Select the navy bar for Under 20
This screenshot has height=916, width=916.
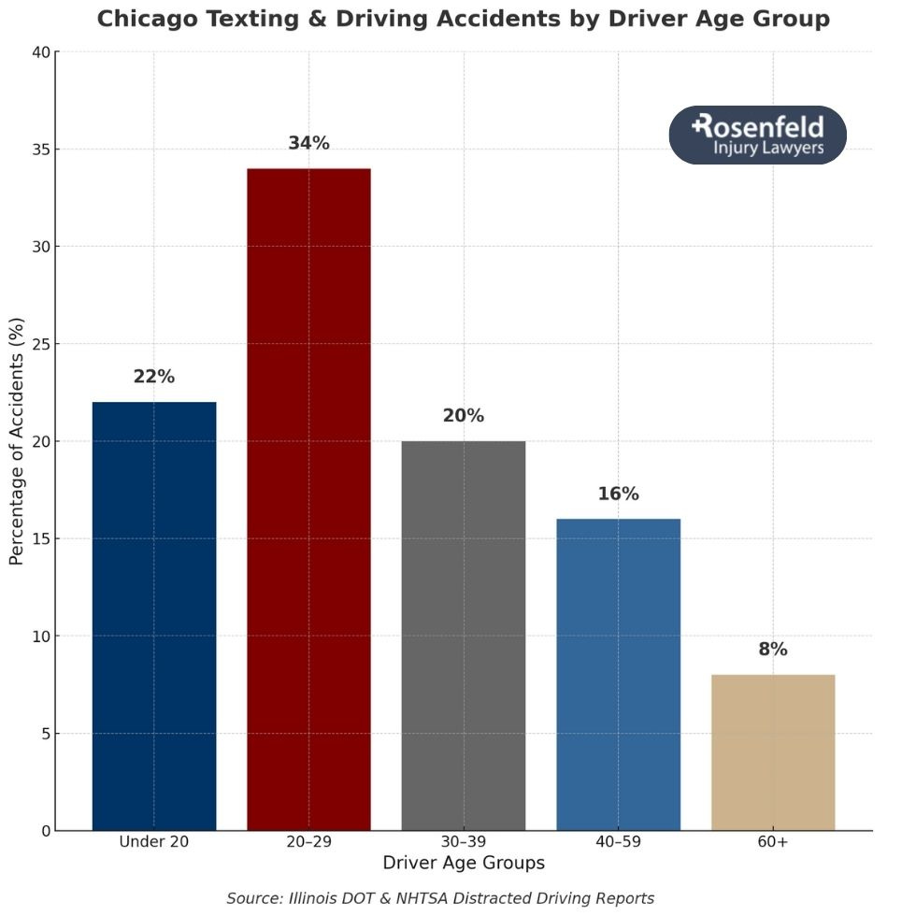pyautogui.click(x=154, y=616)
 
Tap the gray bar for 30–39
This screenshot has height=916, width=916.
pyautogui.click(x=464, y=636)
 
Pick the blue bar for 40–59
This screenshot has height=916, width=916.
pyautogui.click(x=618, y=674)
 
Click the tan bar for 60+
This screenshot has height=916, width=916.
pyautogui.click(x=773, y=751)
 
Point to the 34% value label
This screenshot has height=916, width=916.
pyautogui.click(x=308, y=143)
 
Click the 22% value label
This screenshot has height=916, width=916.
pyautogui.click(x=154, y=377)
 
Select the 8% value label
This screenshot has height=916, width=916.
pyautogui.click(x=773, y=650)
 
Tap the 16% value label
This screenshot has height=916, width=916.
pyautogui.click(x=618, y=494)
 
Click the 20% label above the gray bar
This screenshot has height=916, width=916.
pyautogui.click(x=464, y=416)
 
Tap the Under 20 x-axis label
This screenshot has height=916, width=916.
pyautogui.click(x=154, y=842)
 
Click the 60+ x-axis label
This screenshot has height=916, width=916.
pyautogui.click(x=773, y=842)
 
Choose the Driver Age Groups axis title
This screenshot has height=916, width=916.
pyautogui.click(x=464, y=863)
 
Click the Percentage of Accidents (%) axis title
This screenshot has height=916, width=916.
pyautogui.click(x=16, y=440)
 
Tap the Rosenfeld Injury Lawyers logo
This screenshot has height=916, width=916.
pyautogui.click(x=758, y=136)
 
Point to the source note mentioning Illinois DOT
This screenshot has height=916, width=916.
pyautogui.click(x=440, y=898)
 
